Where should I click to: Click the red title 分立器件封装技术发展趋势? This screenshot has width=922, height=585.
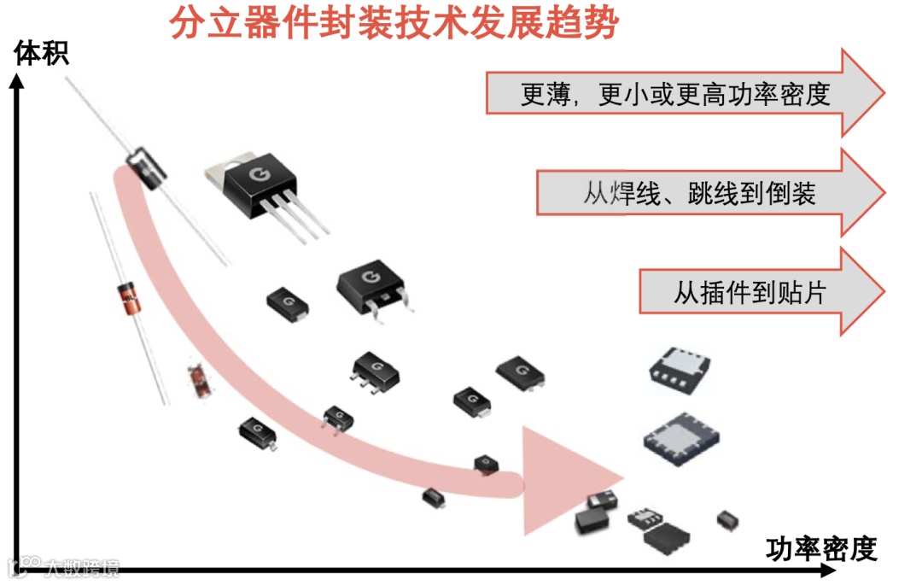click(x=393, y=23)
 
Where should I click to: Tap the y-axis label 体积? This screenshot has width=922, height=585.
click(x=41, y=54)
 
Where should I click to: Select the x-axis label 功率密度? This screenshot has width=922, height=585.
click(x=821, y=548)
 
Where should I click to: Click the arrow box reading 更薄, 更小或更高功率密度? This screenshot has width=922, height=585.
click(x=674, y=93)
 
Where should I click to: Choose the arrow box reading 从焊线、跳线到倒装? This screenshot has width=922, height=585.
click(x=700, y=193)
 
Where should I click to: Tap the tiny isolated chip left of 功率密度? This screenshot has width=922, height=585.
click(x=727, y=518)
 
